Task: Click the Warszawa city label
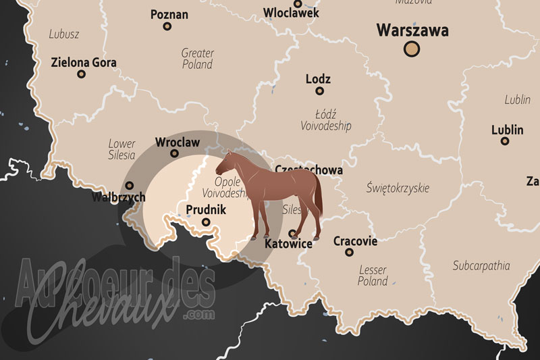tap(412, 30)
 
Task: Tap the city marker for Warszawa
tap(411, 49)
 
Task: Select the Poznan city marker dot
tap(167, 27)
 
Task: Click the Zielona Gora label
tap(84, 63)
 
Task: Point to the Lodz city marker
tap(319, 91)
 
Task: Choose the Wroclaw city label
tap(178, 142)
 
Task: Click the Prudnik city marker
tap(206, 222)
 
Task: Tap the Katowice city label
tap(289, 244)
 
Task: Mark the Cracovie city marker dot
tap(349, 253)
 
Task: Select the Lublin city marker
tap(504, 141)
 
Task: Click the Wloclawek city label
tap(292, 13)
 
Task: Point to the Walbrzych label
tap(119, 198)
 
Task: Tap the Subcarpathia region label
tap(481, 265)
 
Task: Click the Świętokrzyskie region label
tap(397, 188)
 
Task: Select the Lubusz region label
tap(65, 34)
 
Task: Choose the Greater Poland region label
tap(197, 59)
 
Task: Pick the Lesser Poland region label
tap(373, 276)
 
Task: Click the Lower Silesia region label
tap(122, 149)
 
